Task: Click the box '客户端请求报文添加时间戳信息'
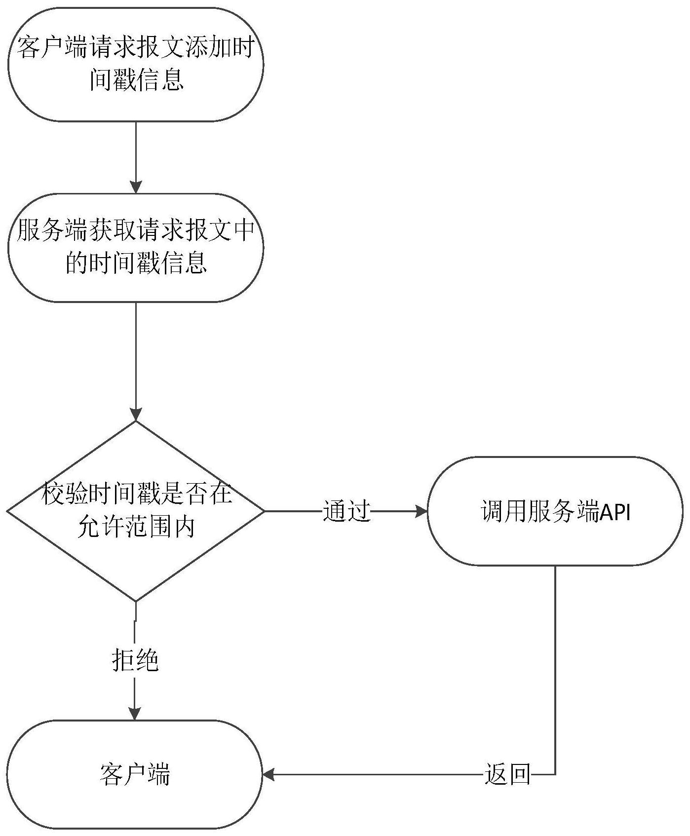click(135, 64)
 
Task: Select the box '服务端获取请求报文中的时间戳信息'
click(135, 247)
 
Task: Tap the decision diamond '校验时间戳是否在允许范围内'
click(135, 511)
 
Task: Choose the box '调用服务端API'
click(555, 511)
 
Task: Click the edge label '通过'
click(346, 511)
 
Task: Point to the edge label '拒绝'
click(135, 659)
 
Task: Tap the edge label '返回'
click(507, 774)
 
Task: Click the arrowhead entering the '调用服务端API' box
click(421, 511)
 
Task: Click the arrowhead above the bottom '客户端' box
click(135, 714)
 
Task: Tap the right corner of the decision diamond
click(264, 511)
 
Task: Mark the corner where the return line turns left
click(555, 774)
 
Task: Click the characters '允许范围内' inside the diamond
click(136, 528)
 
